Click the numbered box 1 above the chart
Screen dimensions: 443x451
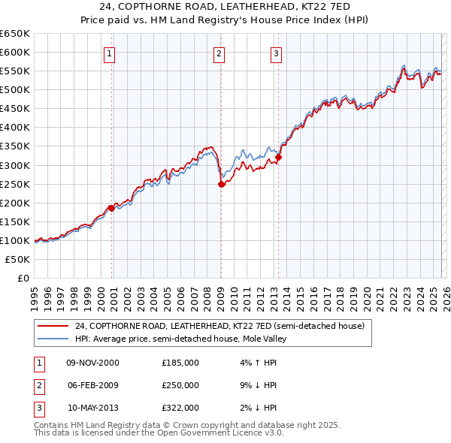(110, 53)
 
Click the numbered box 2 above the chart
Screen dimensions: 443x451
(219, 53)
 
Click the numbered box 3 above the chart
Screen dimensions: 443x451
(276, 53)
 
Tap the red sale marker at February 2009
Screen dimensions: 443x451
(221, 184)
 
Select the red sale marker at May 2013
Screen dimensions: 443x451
(278, 157)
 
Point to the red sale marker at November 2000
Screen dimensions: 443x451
(112, 208)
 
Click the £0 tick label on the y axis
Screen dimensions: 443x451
(23, 279)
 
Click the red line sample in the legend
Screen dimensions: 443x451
(53, 327)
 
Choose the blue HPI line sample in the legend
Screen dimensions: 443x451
(53, 339)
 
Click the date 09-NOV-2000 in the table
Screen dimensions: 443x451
(93, 363)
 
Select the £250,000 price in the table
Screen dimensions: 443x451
(180, 385)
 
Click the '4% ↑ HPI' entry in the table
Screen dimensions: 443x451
(256, 363)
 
